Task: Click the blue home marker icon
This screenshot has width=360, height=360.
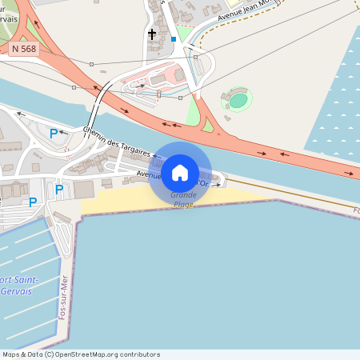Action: [x=180, y=173]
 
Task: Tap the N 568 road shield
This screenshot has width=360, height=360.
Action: [x=24, y=49]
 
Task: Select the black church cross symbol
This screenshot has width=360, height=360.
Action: [x=152, y=34]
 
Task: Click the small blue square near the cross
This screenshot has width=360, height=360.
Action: [x=174, y=38]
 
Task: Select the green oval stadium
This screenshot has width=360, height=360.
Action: [x=238, y=100]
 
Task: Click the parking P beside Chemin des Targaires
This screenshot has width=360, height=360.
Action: [x=54, y=134]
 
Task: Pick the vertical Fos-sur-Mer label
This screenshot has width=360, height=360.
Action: [x=62, y=298]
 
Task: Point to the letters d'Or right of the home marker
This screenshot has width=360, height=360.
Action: [x=203, y=183]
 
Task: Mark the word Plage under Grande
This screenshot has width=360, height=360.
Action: [x=182, y=204]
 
